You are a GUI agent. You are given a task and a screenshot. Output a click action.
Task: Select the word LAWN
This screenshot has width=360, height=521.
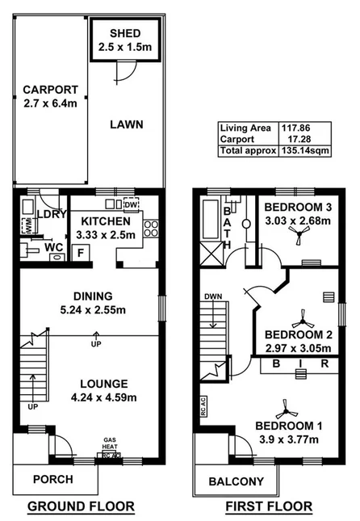[x=127, y=124]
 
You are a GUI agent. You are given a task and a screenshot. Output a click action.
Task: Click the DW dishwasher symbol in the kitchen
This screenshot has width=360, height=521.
[x=131, y=205]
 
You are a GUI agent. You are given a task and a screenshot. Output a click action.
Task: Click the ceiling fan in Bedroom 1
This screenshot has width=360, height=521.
[x=288, y=408]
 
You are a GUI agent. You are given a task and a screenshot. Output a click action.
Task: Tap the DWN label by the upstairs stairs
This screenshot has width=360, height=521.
[x=213, y=296]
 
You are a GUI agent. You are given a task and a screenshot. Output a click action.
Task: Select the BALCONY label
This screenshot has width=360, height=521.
[x=236, y=481]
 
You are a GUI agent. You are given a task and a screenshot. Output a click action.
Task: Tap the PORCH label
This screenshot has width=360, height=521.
[x=52, y=479]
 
